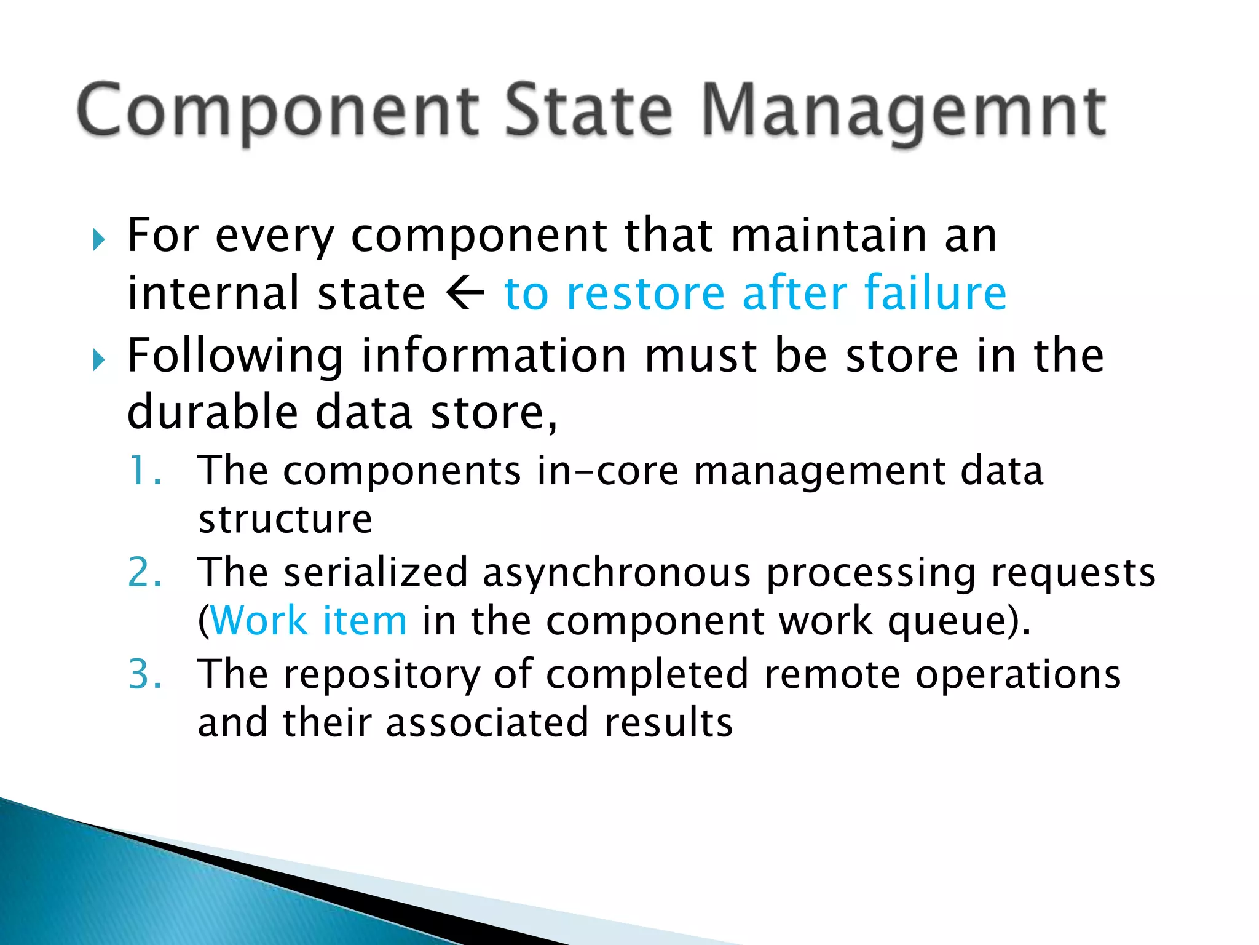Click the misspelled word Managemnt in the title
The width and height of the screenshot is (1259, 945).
[904, 111]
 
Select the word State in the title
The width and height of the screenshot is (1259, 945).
[588, 111]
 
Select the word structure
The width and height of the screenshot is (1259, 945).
[285, 519]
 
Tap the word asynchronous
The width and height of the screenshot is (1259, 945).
[617, 573]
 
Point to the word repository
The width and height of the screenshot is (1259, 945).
[381, 676]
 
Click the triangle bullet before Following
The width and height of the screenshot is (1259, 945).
[99, 359]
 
